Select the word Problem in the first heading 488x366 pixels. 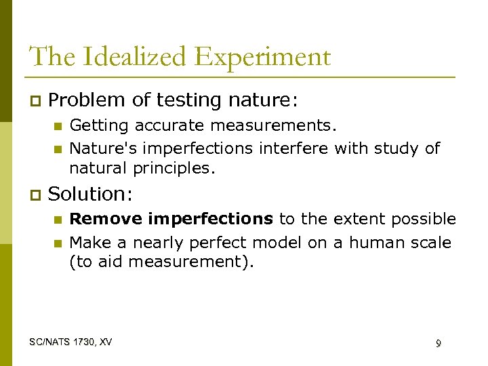click(x=87, y=100)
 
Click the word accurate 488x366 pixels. click(x=165, y=126)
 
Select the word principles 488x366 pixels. click(x=177, y=167)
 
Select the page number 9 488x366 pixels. click(x=438, y=344)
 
